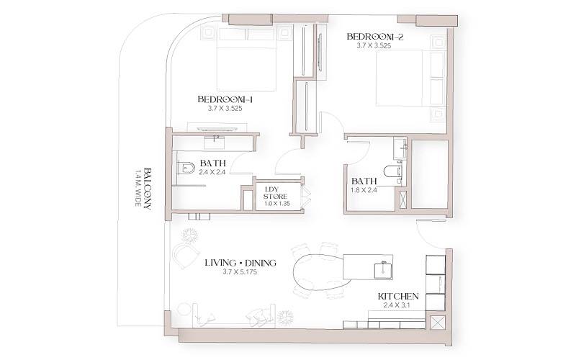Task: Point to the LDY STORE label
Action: (275, 192)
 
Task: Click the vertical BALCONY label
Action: (147, 188)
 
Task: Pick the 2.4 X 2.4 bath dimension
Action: (214, 173)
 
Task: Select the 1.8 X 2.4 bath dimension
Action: (364, 191)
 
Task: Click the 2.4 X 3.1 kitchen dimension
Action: (398, 306)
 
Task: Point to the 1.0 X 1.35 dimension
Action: (275, 204)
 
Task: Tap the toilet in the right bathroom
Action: (392, 171)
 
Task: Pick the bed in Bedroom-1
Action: (247, 66)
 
